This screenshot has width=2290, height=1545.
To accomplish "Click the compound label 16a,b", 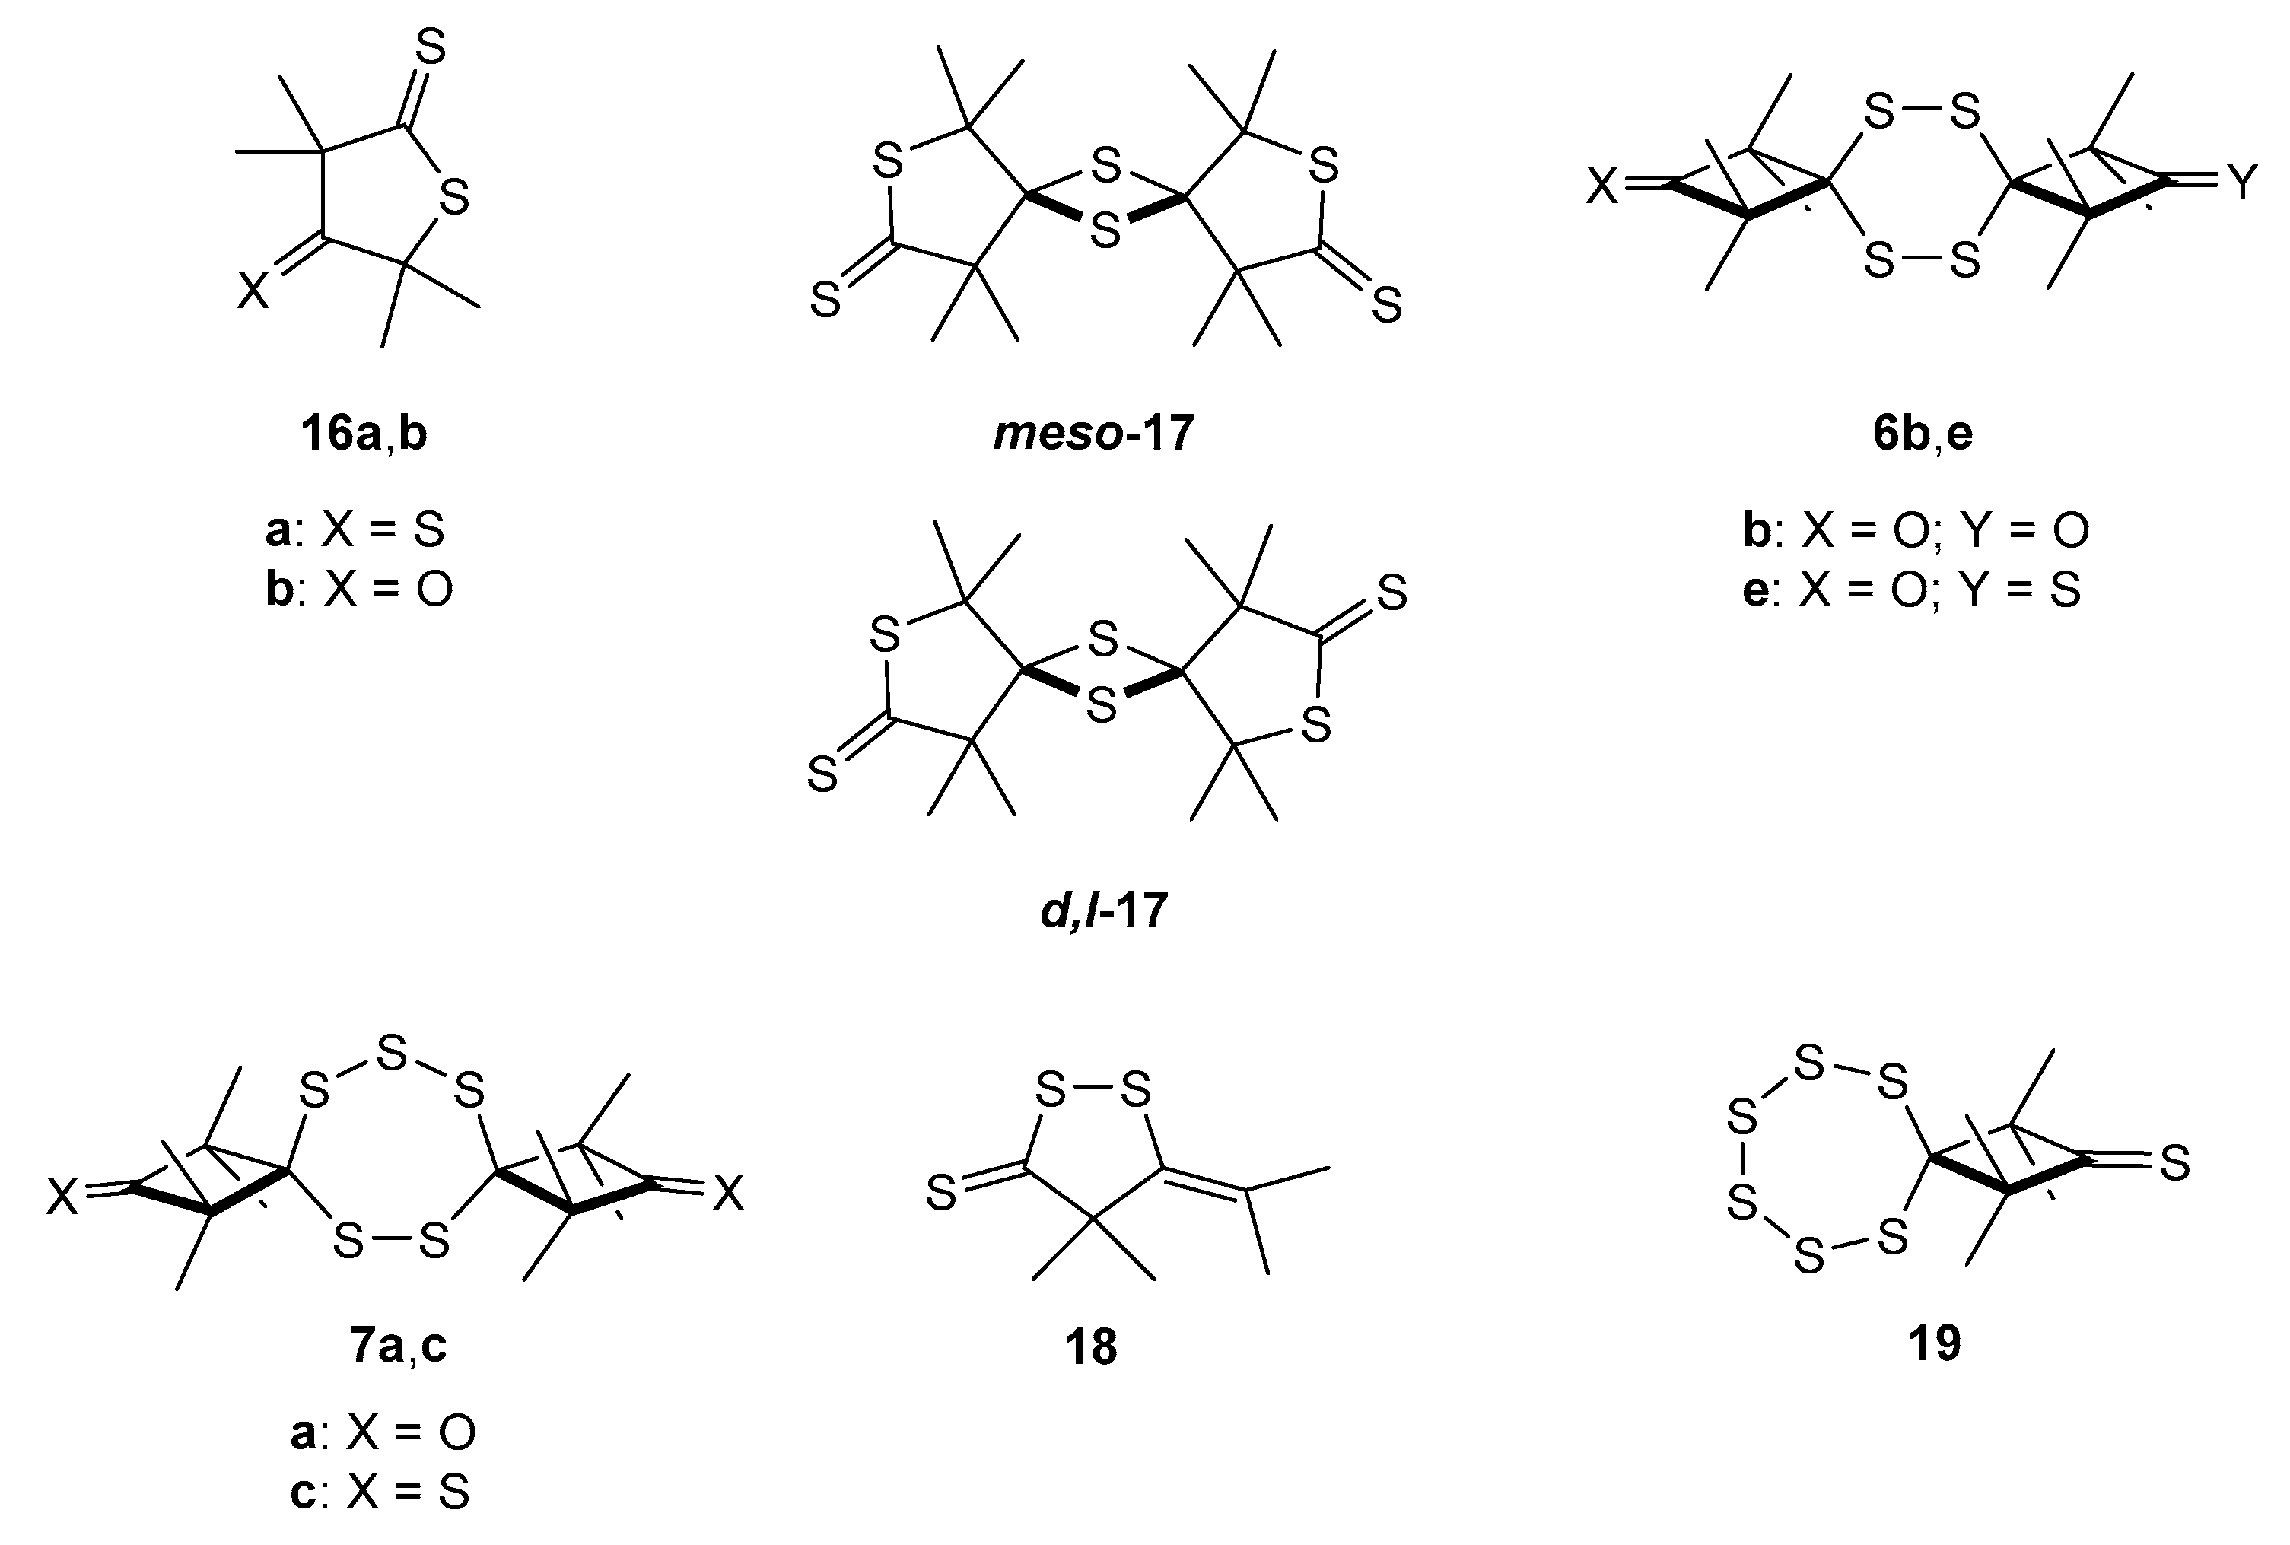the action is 364,434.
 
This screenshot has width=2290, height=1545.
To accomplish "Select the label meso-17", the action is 1094,433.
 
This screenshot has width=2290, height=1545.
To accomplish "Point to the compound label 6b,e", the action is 1923,434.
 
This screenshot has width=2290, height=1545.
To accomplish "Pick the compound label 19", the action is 1934,1343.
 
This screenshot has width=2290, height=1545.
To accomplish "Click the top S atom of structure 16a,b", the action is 431,46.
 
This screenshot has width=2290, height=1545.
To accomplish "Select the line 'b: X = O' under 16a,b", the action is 358,590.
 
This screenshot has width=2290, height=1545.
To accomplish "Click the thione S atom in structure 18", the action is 941,1196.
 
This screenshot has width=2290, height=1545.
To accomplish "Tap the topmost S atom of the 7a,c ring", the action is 392,1054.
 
